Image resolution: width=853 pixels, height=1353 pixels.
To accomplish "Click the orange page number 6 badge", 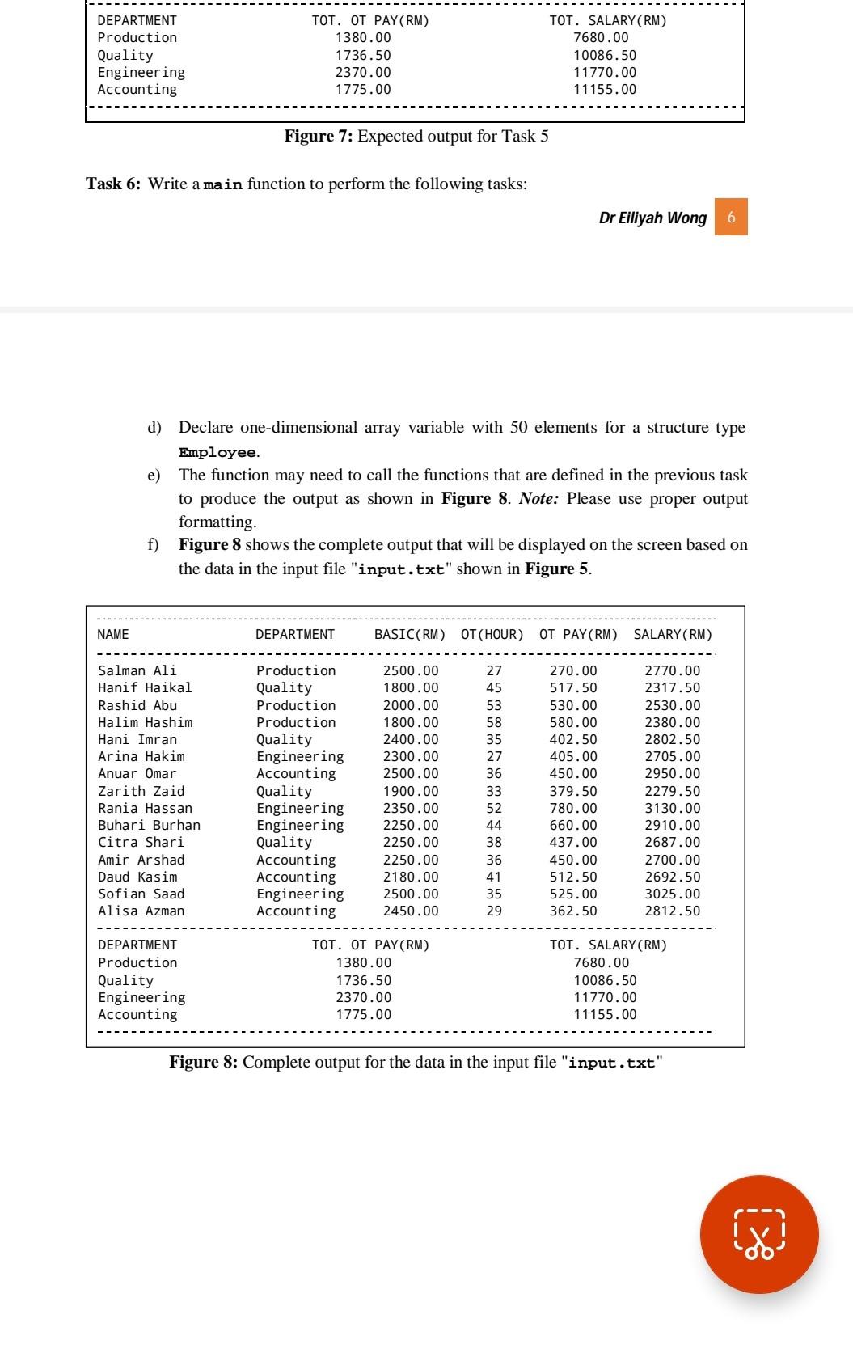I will (x=731, y=217).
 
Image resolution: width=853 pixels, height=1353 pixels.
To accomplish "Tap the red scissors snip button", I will (x=759, y=1234).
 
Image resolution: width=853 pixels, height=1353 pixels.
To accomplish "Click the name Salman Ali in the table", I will (x=137, y=670).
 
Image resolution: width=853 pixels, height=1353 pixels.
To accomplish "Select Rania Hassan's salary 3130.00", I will (x=672, y=808).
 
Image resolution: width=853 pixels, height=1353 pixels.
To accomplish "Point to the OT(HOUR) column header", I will (x=492, y=635).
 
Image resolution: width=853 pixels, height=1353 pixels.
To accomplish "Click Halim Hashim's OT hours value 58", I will (x=493, y=722).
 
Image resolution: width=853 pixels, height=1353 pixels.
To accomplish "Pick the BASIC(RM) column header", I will (x=410, y=635).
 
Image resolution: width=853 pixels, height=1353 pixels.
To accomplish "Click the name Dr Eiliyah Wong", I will (x=652, y=218).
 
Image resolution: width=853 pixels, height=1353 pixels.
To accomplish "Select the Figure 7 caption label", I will (x=317, y=136).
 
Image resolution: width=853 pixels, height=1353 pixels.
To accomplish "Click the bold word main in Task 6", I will (x=223, y=185).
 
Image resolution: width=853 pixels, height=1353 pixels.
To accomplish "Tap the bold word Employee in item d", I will (x=217, y=452).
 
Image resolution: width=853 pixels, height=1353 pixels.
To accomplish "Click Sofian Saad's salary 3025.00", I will (x=672, y=894).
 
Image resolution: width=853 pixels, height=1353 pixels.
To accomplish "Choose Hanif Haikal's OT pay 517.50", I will (x=573, y=687).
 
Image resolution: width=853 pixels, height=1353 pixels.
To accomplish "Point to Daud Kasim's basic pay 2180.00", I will (x=411, y=877).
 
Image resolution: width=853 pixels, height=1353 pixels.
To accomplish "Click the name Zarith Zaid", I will (x=141, y=791).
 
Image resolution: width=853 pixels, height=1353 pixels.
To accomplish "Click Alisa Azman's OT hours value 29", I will (x=493, y=911).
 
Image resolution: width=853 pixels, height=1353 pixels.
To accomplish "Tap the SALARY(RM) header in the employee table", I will (x=673, y=635).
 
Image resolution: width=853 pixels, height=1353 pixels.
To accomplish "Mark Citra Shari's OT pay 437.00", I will (x=573, y=842).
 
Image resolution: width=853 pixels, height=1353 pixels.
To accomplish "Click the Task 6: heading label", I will (x=113, y=184).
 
